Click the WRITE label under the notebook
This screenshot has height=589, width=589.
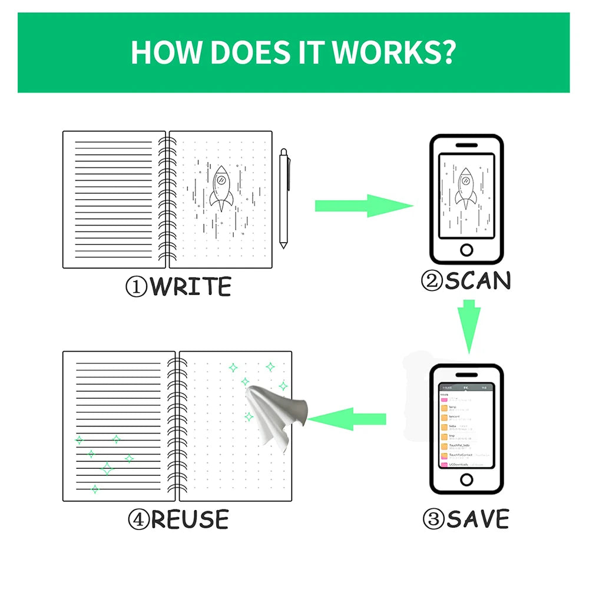pos(190,287)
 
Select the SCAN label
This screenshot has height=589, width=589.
pos(477,281)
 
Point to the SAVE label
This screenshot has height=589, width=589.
pos(477,519)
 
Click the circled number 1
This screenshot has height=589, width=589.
pos(136,287)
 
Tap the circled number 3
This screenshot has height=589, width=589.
pos(433,520)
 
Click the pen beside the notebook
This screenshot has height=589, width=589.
pos(284,198)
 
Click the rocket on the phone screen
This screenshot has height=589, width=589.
pos(465,188)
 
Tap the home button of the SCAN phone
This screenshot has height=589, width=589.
pos(466,250)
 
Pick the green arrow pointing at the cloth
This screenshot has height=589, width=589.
pos(347,419)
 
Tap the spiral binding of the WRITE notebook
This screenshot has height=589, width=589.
pos(167,199)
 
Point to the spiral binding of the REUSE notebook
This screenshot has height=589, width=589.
pos(177,426)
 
